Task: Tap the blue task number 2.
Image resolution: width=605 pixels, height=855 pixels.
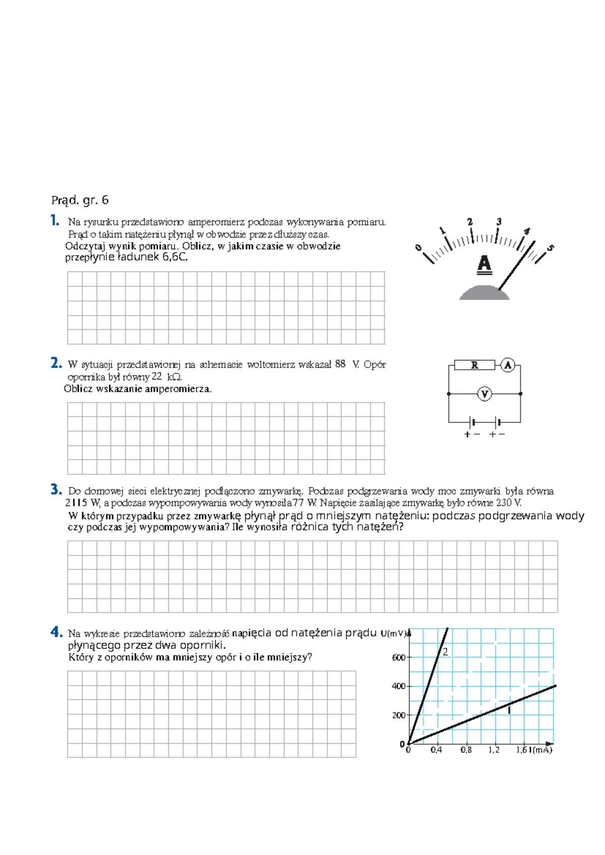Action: point(56,363)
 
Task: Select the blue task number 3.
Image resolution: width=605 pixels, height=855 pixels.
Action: point(56,489)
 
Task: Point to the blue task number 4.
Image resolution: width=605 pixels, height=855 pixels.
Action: point(56,632)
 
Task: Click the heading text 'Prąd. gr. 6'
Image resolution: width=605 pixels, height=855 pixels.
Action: point(80,200)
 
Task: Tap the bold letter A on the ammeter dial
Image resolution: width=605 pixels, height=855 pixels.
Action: point(484,264)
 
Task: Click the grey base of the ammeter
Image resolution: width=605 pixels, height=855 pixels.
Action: point(484,293)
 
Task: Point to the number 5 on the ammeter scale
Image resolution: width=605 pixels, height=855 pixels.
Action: point(550,248)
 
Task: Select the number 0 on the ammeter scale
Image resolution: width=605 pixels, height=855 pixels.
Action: point(418,247)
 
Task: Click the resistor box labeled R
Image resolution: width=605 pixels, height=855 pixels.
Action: point(474,365)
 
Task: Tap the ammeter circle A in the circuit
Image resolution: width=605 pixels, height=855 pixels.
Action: point(508,365)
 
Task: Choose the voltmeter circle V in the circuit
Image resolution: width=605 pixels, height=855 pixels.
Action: point(485,394)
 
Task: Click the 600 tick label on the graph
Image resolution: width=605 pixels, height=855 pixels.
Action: point(398,657)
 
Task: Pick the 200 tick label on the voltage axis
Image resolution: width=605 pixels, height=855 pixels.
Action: point(398,715)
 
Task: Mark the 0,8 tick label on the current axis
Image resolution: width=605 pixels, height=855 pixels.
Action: point(466,750)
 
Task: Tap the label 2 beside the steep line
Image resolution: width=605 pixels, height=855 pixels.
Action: point(445,652)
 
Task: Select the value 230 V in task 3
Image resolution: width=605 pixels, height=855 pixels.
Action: point(508,503)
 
